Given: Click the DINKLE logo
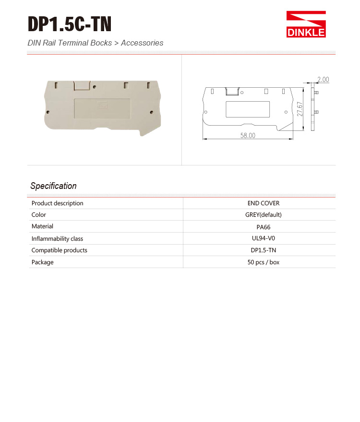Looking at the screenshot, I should pos(306,24).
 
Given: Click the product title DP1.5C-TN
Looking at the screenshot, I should pos(70,24).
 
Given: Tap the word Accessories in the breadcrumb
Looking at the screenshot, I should pos(142,43).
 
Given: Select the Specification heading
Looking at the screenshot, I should pos(53,186).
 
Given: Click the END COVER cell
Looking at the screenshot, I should pos(263,203).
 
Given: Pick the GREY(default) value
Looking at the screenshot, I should pos(263,215).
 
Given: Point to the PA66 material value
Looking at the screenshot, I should pos(263,227).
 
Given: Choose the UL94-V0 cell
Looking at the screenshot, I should pos(263,238).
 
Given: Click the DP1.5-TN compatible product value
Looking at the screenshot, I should pos(263,250).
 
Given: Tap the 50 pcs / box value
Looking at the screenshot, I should pos(263,262).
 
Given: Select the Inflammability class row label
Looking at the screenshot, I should pos(57,238).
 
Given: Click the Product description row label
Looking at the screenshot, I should pos(57,203).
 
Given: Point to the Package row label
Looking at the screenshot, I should pos(42,262).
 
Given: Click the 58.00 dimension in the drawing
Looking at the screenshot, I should pos(248,136).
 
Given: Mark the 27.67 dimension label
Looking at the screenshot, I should pos(300,109).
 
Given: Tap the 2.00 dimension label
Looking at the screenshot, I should pos(323,80).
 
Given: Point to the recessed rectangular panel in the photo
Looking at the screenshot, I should pos(102,108).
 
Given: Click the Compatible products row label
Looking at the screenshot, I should pos(59,250).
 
